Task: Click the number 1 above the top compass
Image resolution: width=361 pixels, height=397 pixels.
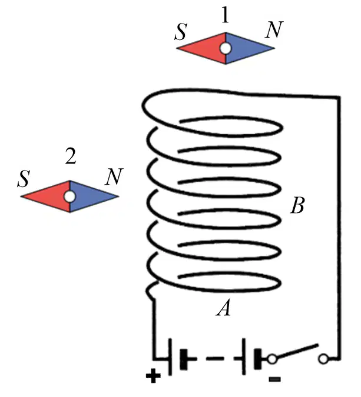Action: (x=226, y=15)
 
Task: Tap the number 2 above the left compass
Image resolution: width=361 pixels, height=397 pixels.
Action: (x=71, y=156)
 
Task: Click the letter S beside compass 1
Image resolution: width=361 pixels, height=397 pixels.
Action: (x=181, y=32)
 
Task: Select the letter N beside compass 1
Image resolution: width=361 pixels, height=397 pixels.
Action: (x=273, y=29)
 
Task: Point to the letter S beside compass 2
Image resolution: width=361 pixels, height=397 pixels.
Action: (x=24, y=179)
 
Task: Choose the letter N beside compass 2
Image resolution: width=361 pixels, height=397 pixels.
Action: (x=114, y=176)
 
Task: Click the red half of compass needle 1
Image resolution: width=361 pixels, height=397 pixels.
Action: (x=206, y=48)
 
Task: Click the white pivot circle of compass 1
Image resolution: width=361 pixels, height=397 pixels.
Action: (x=226, y=48)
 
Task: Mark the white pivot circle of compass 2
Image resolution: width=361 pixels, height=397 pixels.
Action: (x=69, y=196)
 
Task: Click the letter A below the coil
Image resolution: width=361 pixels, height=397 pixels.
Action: (x=224, y=308)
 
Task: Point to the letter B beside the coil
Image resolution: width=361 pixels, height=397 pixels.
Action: (x=297, y=205)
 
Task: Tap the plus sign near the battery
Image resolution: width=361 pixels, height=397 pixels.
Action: (x=153, y=376)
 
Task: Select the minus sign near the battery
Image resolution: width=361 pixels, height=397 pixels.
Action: (x=274, y=379)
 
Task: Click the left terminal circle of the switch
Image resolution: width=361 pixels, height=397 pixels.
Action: (x=272, y=359)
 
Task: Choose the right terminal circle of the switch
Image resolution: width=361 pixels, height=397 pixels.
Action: (x=323, y=359)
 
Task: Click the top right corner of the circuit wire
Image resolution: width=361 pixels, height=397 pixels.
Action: (x=339, y=96)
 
